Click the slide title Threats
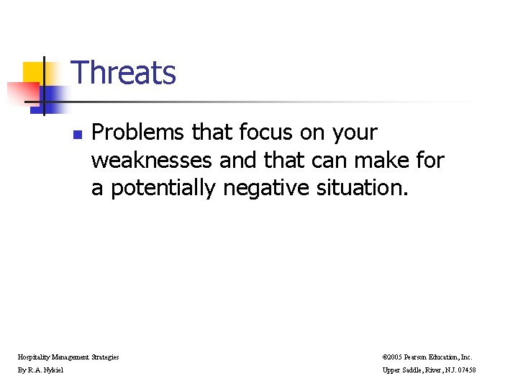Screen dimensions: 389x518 click(x=124, y=73)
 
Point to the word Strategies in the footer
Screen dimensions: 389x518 click(x=105, y=357)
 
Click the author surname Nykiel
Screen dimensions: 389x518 click(x=53, y=370)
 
